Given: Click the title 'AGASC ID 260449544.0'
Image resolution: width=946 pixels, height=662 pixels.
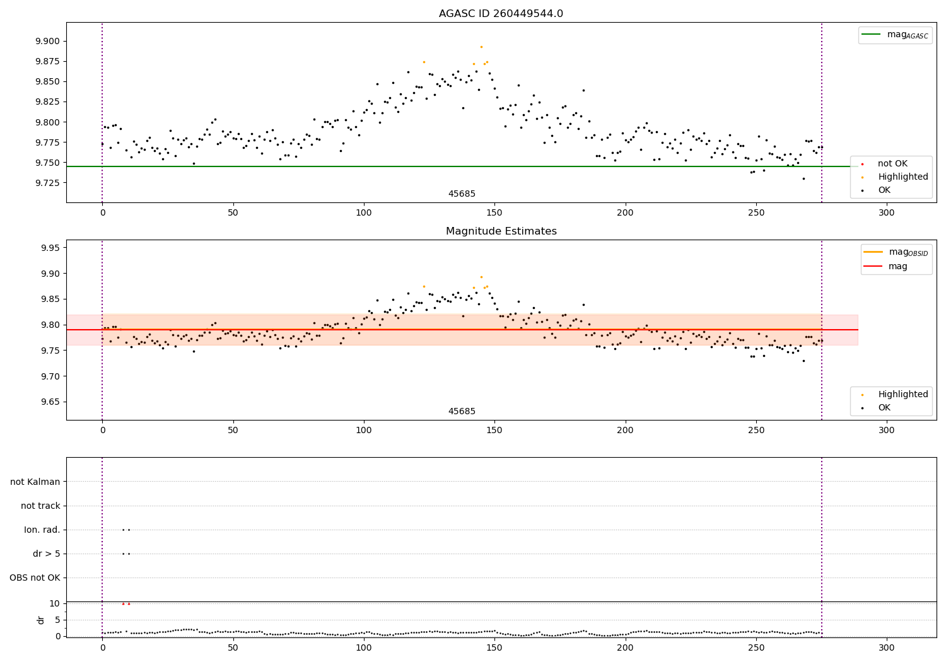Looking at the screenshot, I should coord(501,14).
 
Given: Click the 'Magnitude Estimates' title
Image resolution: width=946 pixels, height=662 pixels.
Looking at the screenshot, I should coord(501,231).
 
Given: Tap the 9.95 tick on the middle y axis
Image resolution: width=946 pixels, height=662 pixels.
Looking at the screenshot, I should coord(50,248).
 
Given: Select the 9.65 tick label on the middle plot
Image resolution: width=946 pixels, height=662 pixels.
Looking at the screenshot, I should coord(50,402).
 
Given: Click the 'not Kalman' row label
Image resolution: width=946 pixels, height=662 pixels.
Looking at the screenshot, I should coord(35,482).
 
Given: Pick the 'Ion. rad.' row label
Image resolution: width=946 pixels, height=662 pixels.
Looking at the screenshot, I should coord(42,530).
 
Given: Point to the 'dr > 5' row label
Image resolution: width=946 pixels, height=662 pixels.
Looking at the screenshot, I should coord(47,554).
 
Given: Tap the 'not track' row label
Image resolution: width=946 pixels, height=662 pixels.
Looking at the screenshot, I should coord(40,506).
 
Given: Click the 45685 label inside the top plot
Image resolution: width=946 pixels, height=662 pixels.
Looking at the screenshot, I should coord(462,194).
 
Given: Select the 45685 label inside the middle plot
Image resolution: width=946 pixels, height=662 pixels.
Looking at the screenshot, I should coord(462,412).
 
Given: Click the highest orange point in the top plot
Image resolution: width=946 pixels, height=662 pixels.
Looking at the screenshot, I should coord(481,47).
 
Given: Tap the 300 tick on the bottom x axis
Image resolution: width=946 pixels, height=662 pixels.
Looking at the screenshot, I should coord(887,647).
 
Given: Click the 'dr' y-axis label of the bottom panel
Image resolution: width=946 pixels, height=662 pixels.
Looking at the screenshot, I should coord(41,620).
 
